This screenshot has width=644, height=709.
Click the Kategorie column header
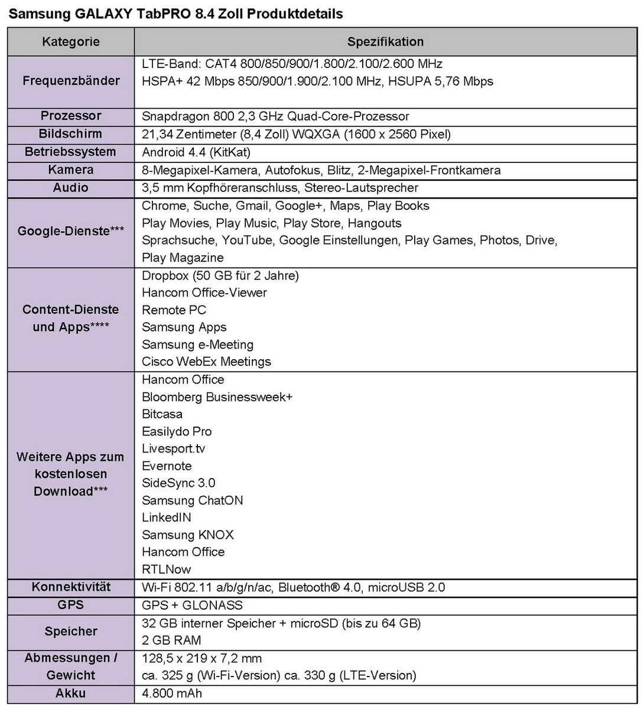(71, 42)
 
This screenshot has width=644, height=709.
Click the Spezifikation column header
(385, 42)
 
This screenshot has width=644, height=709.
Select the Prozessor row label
(71, 116)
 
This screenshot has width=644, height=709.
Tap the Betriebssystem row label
(70, 152)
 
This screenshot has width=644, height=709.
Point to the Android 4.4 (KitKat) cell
(196, 152)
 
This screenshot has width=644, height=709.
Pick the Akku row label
(71, 693)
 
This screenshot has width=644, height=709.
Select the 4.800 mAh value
(172, 693)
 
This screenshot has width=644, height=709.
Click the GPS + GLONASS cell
(192, 605)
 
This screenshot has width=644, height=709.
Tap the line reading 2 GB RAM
(171, 640)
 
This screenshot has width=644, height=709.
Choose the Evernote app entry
(167, 466)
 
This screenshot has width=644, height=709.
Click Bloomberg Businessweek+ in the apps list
(217, 396)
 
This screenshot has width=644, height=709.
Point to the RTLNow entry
(167, 569)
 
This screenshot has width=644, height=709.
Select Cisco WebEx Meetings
(206, 362)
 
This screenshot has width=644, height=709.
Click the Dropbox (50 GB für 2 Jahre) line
(220, 275)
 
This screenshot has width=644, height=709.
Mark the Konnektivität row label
(71, 587)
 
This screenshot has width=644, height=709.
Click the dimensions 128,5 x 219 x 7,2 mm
(201, 658)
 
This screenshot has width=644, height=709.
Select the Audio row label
(71, 188)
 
